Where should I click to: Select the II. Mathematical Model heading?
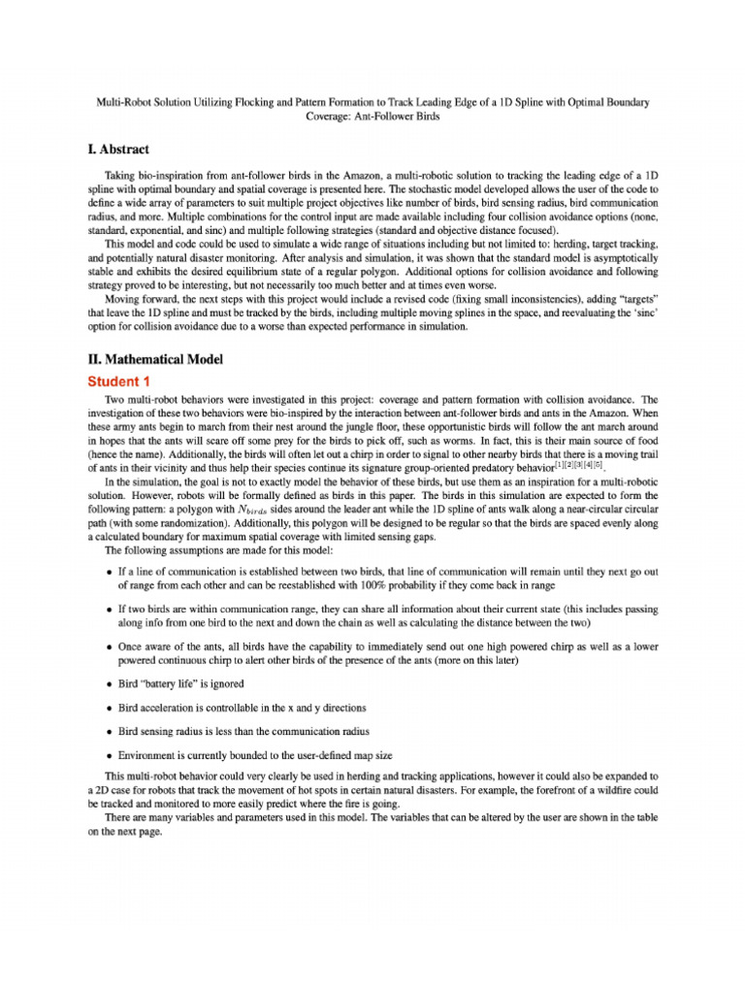pyautogui.click(x=155, y=359)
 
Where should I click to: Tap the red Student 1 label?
pyautogui.click(x=118, y=381)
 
